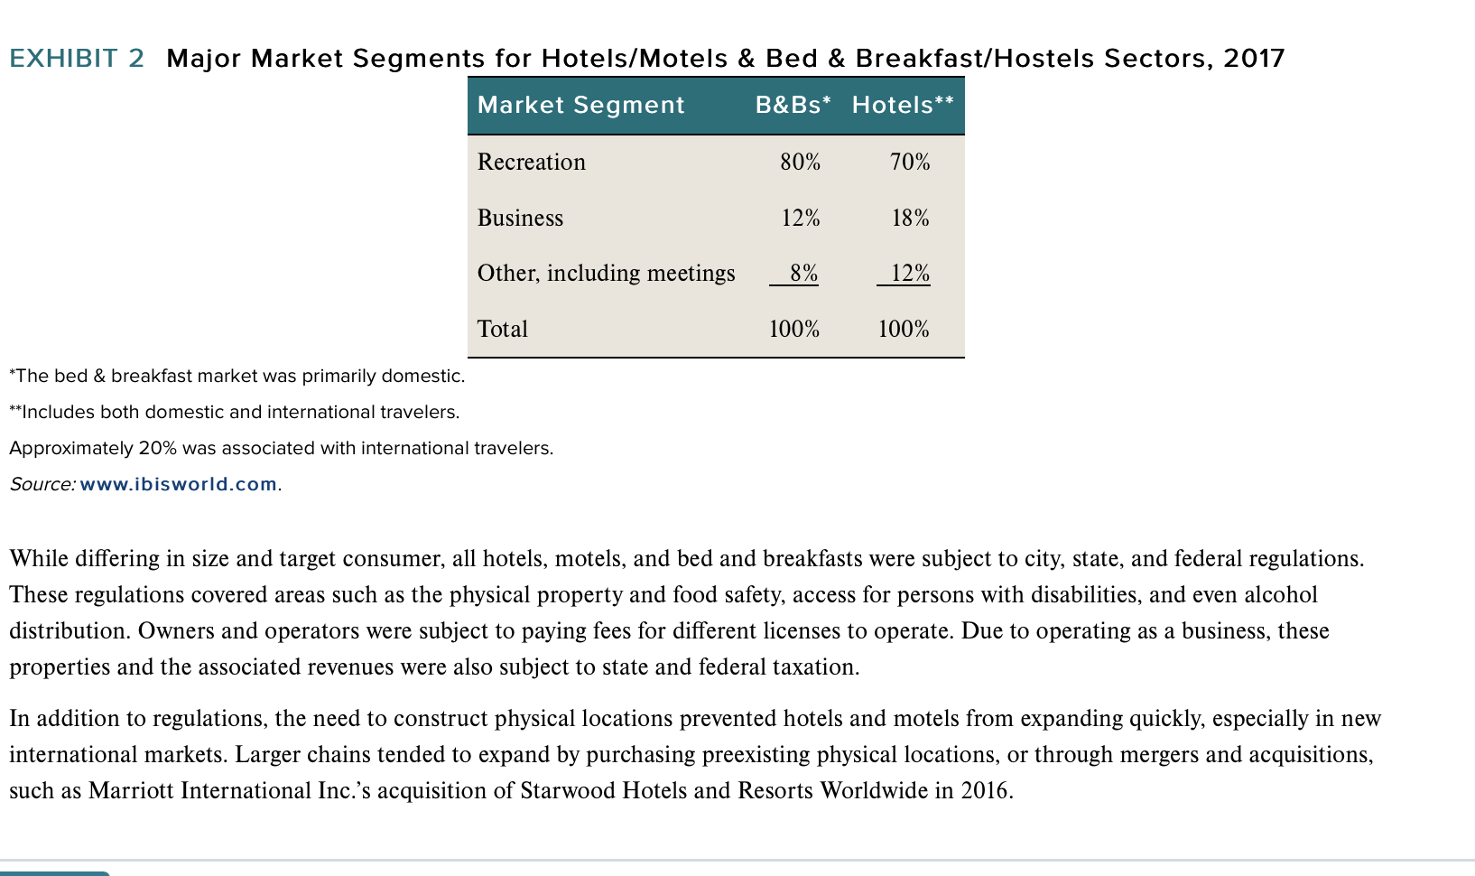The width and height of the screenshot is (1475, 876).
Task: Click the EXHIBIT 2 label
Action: coord(77,59)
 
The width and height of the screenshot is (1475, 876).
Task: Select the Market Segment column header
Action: coord(580,105)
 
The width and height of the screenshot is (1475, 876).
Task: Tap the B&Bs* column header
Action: coord(793,105)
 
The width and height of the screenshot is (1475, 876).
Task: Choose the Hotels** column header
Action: coord(903,105)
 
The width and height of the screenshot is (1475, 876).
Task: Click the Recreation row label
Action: coord(532,162)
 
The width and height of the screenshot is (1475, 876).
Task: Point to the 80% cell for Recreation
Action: coord(800,162)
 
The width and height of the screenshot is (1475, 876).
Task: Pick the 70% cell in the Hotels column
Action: coord(909,162)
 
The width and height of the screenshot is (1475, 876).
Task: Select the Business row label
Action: coord(520,218)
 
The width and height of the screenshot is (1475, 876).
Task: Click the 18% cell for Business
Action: coord(910,218)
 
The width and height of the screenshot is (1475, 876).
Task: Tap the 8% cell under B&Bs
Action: coord(803,273)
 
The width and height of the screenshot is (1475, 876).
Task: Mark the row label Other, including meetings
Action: coord(606,274)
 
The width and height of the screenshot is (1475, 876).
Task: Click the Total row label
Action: coord(503,329)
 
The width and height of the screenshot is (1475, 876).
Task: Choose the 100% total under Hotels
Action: coord(904,329)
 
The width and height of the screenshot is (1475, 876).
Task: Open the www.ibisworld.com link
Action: coord(178,484)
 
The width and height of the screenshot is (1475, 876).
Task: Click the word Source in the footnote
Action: coord(42,484)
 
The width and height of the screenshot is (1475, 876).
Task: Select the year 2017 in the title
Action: coord(1254,59)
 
